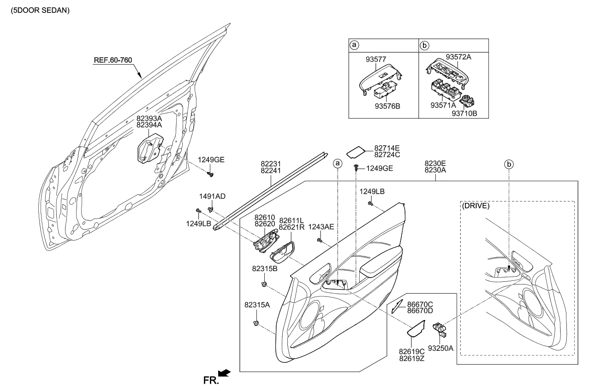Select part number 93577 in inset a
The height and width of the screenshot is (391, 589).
[x=376, y=59]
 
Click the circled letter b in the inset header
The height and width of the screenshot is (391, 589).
[x=425, y=45]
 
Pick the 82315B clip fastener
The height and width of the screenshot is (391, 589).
[x=265, y=283]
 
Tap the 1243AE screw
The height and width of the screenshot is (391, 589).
[x=319, y=240]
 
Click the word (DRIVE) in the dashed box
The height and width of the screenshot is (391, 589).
[x=476, y=206]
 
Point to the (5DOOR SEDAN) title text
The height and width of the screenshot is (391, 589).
[x=37, y=10]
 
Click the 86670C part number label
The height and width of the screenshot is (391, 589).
[x=420, y=304]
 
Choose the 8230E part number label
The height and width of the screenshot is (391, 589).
[x=435, y=163]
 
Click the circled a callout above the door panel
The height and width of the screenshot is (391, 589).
[x=338, y=163]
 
